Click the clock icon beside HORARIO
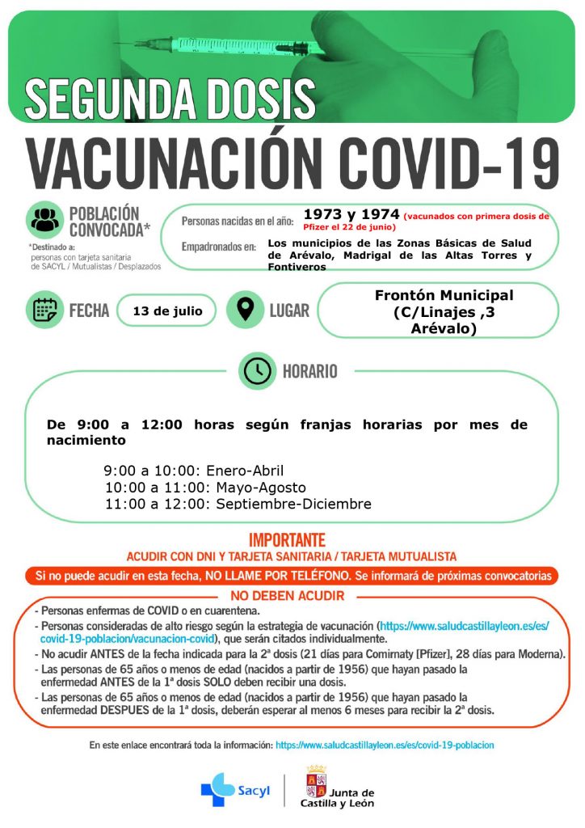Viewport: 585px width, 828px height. pyautogui.click(x=257, y=371)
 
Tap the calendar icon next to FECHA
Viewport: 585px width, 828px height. pyautogui.click(x=44, y=310)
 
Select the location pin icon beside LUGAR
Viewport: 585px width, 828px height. pyautogui.click(x=245, y=310)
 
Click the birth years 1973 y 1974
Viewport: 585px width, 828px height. pyautogui.click(x=351, y=214)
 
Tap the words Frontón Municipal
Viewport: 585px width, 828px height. pyautogui.click(x=444, y=295)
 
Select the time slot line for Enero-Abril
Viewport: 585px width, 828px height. pyautogui.click(x=194, y=471)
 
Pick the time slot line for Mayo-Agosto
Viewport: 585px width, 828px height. pyautogui.click(x=205, y=488)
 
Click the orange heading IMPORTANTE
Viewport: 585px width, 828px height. pyautogui.click(x=287, y=540)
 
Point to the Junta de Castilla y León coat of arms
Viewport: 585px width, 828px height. pyautogui.click(x=315, y=781)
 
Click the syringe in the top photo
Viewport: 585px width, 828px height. pyautogui.click(x=210, y=44)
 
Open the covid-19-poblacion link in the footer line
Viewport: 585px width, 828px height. pyautogui.click(x=385, y=745)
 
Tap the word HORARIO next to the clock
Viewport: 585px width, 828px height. pyautogui.click(x=309, y=372)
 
